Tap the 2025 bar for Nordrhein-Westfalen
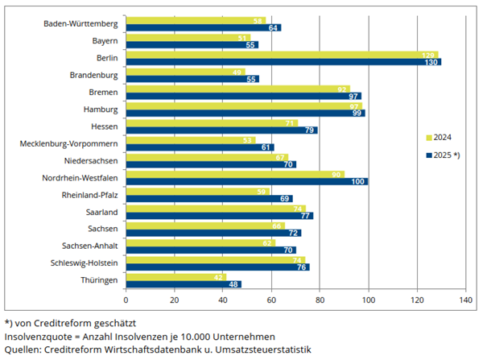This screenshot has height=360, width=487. (x=247, y=181)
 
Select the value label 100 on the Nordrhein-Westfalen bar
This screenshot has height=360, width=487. (x=360, y=181)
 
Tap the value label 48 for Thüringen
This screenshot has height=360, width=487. (x=236, y=284)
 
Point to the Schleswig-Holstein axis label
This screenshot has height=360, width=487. (x=85, y=263)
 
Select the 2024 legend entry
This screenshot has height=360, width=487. (x=437, y=137)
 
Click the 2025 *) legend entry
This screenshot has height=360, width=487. (x=442, y=155)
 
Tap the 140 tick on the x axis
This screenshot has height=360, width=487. (x=465, y=300)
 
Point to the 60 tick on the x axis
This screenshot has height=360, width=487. (x=271, y=300)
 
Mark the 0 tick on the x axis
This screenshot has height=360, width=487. (x=126, y=300)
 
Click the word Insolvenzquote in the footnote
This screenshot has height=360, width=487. (x=38, y=335)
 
